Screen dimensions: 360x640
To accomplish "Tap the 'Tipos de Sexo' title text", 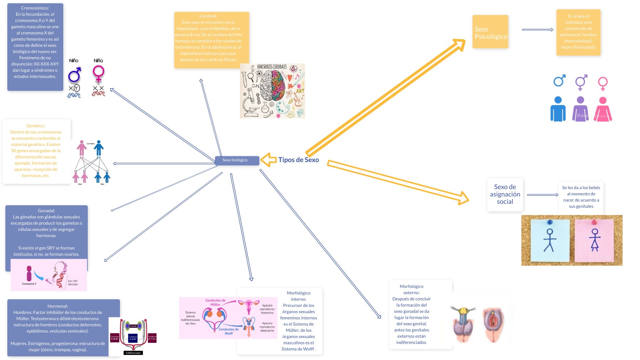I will click(x=298, y=160).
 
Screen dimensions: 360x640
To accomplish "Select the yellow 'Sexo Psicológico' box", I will click(x=490, y=32).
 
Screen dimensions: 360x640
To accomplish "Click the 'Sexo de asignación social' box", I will click(x=505, y=194).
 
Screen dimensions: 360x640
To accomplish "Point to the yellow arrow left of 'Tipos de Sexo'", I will click(x=268, y=160).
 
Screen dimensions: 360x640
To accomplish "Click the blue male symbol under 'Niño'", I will click(x=75, y=75).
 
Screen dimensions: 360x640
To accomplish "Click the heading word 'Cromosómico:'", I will click(x=35, y=8).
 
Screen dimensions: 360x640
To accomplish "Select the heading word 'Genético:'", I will click(x=36, y=126).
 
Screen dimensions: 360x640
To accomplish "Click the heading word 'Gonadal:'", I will click(x=46, y=211).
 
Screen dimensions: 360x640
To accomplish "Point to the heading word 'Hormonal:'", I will click(x=58, y=306).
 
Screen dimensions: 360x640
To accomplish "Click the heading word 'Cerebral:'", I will click(x=208, y=16).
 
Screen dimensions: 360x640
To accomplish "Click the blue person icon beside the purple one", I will click(x=558, y=109).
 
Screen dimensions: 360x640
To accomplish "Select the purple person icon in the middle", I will click(x=580, y=109).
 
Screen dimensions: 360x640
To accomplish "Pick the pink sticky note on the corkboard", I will click(x=594, y=240).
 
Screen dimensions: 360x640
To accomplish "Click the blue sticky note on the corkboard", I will click(x=550, y=240).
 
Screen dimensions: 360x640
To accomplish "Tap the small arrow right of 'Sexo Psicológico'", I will click(x=537, y=30).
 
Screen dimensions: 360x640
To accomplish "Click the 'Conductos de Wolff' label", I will click(x=229, y=331).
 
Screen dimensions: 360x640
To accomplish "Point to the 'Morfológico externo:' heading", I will click(x=411, y=289).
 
